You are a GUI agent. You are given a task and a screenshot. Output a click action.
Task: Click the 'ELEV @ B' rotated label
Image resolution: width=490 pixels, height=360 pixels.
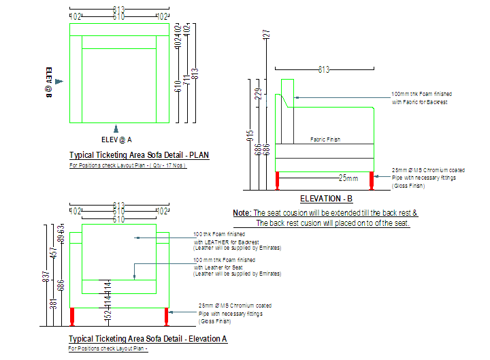click(x=49, y=82)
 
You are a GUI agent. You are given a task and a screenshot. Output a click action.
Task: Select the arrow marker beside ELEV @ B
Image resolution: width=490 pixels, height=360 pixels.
click(x=59, y=82)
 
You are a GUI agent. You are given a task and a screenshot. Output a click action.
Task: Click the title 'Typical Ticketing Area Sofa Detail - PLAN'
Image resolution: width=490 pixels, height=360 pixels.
click(x=139, y=155)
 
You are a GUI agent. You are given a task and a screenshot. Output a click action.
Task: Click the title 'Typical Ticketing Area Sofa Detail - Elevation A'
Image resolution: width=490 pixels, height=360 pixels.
click(x=148, y=339)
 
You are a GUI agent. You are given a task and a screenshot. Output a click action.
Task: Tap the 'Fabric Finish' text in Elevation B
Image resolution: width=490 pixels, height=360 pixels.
click(x=325, y=140)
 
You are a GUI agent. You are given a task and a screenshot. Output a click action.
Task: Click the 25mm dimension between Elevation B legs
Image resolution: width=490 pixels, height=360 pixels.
click(x=348, y=178)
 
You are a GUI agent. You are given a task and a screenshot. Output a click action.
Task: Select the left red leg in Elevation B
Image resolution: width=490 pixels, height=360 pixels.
click(x=278, y=180)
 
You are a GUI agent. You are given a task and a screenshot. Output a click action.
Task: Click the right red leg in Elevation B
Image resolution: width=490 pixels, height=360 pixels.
click(x=372, y=180)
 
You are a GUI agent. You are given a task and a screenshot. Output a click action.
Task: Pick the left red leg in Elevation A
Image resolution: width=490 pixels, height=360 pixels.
click(x=73, y=316)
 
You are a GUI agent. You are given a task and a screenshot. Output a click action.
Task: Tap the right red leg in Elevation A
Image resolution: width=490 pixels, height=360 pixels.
click(x=165, y=316)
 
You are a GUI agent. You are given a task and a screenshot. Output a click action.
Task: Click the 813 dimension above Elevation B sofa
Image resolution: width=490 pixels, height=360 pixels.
click(x=324, y=69)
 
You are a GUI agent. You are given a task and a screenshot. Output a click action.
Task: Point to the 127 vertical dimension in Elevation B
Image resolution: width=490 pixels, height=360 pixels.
click(x=267, y=35)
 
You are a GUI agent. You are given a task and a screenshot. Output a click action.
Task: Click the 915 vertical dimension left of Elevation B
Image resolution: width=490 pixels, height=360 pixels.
click(x=250, y=137)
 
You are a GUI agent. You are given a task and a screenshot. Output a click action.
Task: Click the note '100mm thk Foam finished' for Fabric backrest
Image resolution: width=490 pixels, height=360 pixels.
click(x=421, y=94)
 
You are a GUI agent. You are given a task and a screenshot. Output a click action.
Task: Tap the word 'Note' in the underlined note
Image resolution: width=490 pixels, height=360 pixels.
click(x=241, y=213)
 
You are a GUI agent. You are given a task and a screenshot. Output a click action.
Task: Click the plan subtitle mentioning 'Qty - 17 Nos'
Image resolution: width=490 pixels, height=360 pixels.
click(x=128, y=165)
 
